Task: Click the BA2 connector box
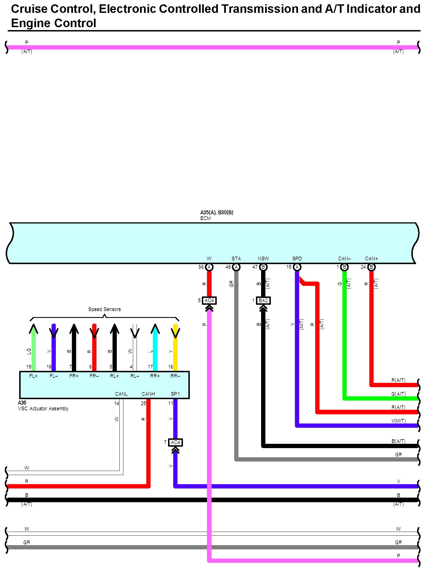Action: pyautogui.click(x=263, y=300)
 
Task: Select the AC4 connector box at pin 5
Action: pyautogui.click(x=209, y=300)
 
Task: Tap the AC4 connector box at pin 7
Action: pyautogui.click(x=175, y=442)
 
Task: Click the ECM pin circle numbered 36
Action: pyautogui.click(x=209, y=267)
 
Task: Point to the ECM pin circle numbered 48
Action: pyautogui.click(x=236, y=267)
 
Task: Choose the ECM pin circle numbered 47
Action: pyautogui.click(x=263, y=267)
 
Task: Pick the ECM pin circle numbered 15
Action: pyautogui.click(x=297, y=267)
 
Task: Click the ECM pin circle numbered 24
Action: pyautogui.click(x=371, y=267)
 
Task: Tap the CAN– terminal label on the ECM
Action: pyautogui.click(x=344, y=259)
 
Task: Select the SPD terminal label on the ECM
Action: pyautogui.click(x=297, y=259)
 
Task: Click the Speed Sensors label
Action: pyautogui.click(x=104, y=309)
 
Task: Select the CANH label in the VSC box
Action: pyautogui.click(x=148, y=394)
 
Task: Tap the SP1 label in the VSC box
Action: pyautogui.click(x=175, y=394)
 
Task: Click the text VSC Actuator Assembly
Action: pyautogui.click(x=43, y=409)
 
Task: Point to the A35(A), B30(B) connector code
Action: pyautogui.click(x=217, y=212)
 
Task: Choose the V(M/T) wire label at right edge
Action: pyautogui.click(x=399, y=421)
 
